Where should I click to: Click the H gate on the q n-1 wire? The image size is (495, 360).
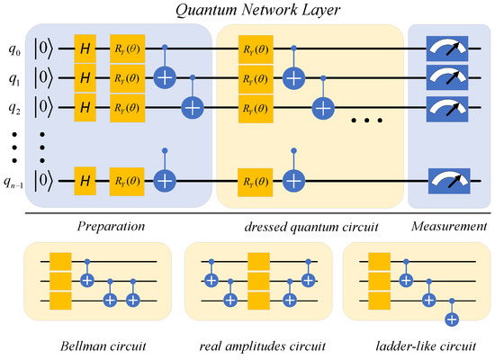(85, 180)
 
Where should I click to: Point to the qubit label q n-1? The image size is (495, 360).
(15, 181)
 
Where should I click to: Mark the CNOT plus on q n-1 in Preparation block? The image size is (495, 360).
(165, 180)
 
